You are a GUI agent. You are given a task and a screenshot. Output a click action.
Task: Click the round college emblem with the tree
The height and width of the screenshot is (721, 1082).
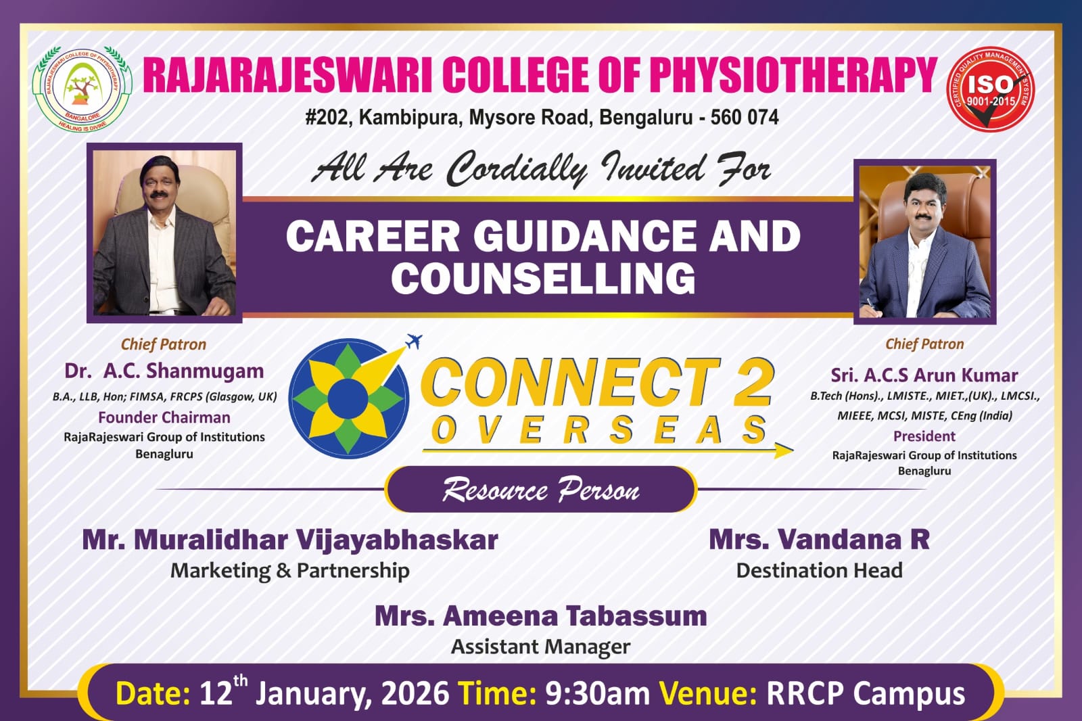[x=82, y=89]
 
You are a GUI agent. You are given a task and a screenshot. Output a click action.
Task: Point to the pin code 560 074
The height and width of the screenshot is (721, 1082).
[x=745, y=118]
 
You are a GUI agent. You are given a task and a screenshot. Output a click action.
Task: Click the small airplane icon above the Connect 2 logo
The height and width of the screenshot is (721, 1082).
[x=413, y=341]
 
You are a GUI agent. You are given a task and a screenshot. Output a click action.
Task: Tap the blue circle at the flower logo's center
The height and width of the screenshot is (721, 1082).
[x=348, y=398]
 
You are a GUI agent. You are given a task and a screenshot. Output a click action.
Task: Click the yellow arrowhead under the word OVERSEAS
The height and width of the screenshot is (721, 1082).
[x=783, y=450]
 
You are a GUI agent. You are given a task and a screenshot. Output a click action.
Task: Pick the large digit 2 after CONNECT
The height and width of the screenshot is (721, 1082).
[x=752, y=383]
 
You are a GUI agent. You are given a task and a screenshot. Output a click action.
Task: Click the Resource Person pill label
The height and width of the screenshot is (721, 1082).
[x=541, y=489]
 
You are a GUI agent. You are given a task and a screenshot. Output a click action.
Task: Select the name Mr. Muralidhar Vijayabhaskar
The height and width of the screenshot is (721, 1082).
[x=290, y=539]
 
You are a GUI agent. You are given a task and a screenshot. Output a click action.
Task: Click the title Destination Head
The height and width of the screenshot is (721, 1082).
[x=819, y=570]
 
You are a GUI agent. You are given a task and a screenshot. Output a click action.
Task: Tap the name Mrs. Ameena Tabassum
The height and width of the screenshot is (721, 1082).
[x=540, y=616]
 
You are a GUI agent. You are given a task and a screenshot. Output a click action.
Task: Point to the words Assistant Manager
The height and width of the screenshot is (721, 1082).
[x=540, y=647]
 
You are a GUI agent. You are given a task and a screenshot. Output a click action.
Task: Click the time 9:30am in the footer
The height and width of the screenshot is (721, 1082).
[x=597, y=694]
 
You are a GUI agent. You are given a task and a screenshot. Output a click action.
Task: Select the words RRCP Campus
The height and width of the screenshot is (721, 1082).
[x=866, y=695]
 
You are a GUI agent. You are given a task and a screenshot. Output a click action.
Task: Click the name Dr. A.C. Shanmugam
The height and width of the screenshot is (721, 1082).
[x=164, y=371]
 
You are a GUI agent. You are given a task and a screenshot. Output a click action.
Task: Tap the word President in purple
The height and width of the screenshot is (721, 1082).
[x=924, y=436]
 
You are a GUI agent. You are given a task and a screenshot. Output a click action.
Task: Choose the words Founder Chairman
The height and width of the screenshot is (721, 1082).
[x=164, y=417]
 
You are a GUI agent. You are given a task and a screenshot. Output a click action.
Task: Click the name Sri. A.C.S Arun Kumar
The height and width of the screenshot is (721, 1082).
[x=924, y=375]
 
